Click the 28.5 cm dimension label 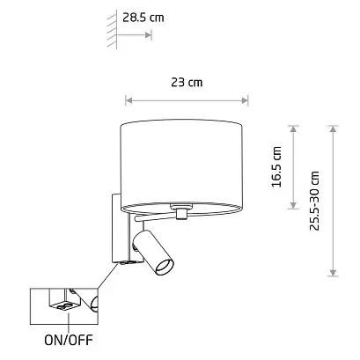click(143, 18)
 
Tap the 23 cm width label click(187, 83)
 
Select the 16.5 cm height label click(276, 166)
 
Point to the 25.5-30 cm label click(314, 201)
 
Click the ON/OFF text click(69, 340)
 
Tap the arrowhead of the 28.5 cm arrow click(149, 35)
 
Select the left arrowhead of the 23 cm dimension click(129, 100)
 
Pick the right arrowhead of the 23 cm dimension click(245, 100)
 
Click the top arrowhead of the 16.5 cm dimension click(293, 129)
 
